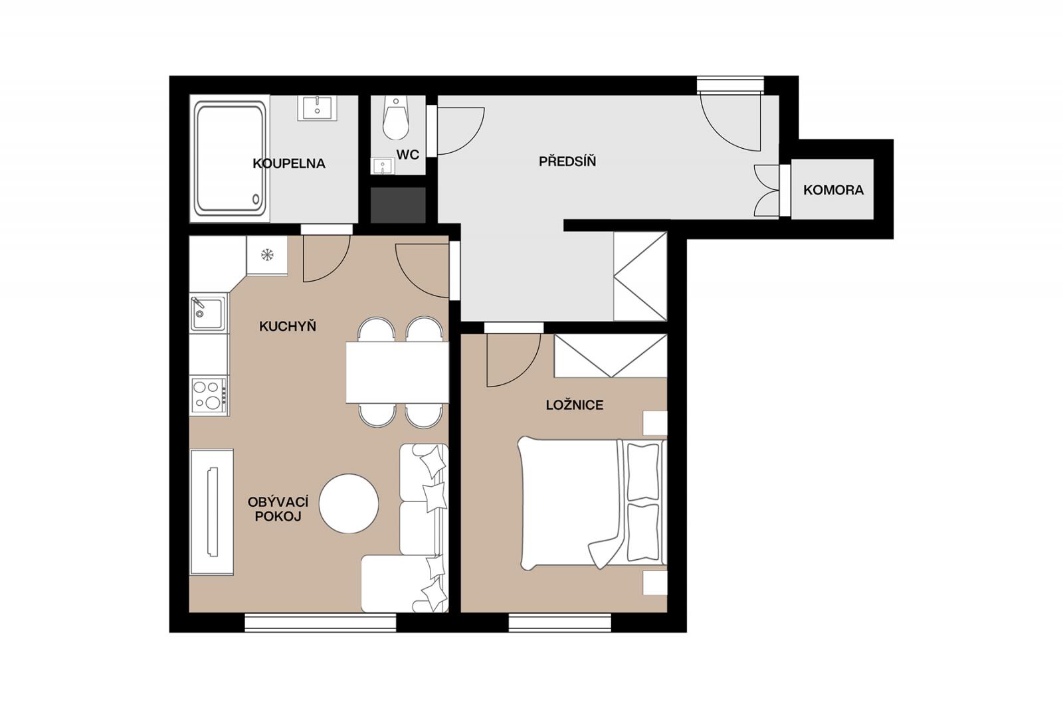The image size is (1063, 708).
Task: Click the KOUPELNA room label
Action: (288, 163)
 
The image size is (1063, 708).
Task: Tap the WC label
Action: (408, 154)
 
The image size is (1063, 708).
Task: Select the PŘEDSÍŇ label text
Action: (567, 161)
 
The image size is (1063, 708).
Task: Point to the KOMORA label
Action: (833, 190)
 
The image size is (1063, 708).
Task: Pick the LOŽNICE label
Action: (574, 404)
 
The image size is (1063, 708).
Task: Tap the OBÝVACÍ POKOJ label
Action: (278, 509)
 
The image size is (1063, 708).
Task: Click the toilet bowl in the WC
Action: (396, 118)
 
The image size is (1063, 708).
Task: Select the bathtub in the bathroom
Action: (230, 159)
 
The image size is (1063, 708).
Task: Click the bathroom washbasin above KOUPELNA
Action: (317, 108)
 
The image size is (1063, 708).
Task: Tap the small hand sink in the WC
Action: (383, 166)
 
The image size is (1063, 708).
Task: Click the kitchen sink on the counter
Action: (209, 313)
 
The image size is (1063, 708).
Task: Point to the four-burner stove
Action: (209, 396)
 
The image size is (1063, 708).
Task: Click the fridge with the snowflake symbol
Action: (267, 255)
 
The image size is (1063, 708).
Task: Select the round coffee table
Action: (349, 503)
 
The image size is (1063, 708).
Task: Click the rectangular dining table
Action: (397, 373)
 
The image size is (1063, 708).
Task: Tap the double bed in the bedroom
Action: (592, 503)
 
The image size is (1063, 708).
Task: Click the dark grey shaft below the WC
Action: (398, 205)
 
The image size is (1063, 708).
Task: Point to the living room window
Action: (320, 622)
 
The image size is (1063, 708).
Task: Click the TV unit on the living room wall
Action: (212, 512)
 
